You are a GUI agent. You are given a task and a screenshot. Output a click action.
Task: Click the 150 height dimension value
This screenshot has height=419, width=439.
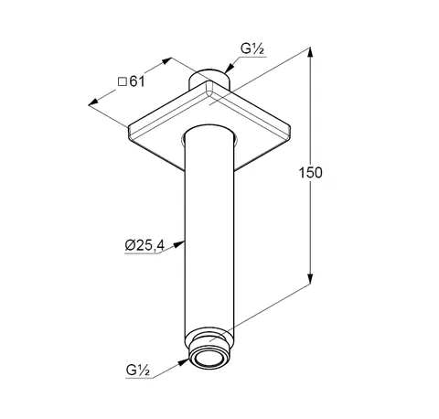[x=310, y=173]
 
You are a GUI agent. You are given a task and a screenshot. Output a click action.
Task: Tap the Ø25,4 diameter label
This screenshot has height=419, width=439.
[x=145, y=245]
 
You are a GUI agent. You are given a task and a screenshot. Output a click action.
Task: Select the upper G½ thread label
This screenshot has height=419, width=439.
[x=252, y=48]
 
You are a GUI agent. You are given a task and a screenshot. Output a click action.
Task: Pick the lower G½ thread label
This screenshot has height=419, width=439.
[x=137, y=371]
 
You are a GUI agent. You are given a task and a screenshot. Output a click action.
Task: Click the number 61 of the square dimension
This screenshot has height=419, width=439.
[x=137, y=81]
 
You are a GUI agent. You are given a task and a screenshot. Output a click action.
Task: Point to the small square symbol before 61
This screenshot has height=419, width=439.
[x=123, y=81]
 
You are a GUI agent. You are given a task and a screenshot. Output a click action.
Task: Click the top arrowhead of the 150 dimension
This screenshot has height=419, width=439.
[x=310, y=52]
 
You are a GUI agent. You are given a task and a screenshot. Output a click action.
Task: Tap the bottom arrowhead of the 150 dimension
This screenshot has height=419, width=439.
[x=310, y=278]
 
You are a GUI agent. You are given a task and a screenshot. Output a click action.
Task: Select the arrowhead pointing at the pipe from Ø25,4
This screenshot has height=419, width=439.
[x=179, y=243]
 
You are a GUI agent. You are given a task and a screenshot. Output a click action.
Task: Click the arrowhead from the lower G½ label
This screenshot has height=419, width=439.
[x=184, y=362]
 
